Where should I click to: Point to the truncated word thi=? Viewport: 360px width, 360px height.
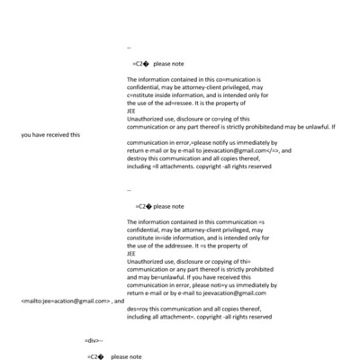247,259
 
